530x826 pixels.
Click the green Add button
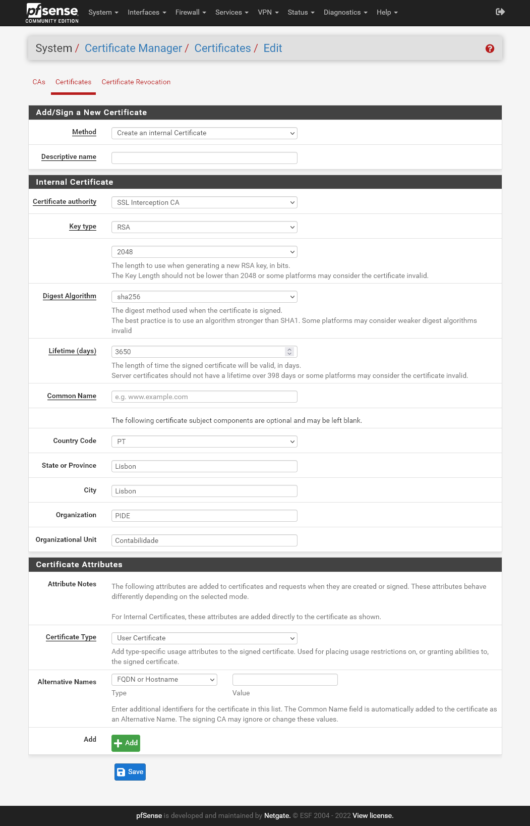126,743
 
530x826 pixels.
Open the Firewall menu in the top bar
190,12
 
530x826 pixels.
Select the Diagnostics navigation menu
345,12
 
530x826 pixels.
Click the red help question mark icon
490,48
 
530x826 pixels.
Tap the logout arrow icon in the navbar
500,12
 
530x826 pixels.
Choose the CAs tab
39,82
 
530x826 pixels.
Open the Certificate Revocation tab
136,82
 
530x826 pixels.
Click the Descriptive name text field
204,158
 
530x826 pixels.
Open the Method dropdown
204,133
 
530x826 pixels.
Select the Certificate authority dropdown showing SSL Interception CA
204,202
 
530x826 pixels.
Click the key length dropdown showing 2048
204,252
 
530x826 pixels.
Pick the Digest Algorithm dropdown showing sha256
204,297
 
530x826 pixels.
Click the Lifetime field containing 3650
199,352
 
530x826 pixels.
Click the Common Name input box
204,397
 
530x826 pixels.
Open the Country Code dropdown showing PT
204,442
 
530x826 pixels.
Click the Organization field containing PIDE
204,516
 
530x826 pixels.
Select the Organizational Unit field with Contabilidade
204,540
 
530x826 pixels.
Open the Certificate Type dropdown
204,638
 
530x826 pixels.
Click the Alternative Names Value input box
285,680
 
